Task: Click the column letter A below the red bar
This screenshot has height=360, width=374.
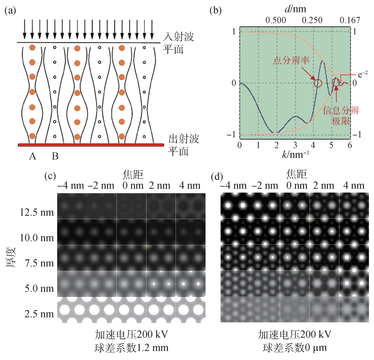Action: [x=33, y=156]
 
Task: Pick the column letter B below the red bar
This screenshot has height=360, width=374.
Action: [x=55, y=156]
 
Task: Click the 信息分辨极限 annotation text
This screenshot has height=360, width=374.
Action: [x=341, y=116]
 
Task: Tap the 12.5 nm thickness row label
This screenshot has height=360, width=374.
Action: [x=39, y=211]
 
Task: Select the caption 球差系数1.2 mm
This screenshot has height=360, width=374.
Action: [x=132, y=347]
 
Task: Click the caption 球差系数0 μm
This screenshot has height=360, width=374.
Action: [x=295, y=347]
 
